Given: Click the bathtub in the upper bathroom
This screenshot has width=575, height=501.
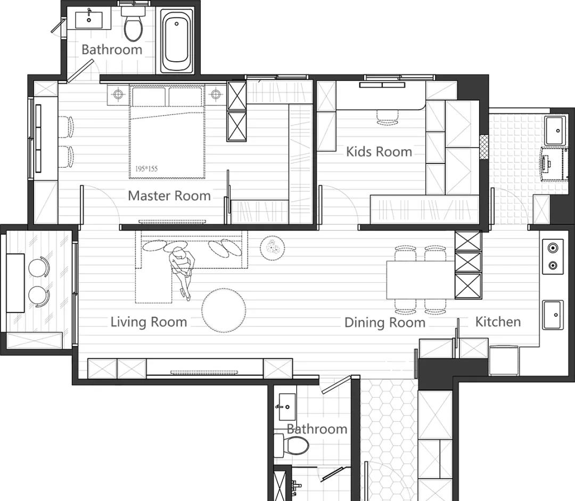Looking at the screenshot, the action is [177, 40].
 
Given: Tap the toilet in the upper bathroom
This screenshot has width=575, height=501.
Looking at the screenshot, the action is [133, 24].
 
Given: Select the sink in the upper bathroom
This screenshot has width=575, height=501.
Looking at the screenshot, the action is [89, 20].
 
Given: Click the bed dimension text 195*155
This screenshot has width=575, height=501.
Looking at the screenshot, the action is [146, 169].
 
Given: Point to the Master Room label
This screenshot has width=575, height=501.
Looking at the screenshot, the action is [169, 195].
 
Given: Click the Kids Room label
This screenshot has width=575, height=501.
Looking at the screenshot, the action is [379, 152].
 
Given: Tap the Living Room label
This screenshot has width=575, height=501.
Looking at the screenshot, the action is [149, 322].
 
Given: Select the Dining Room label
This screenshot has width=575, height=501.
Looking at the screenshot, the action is [385, 323].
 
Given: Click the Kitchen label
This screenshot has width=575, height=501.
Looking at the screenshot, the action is [498, 322].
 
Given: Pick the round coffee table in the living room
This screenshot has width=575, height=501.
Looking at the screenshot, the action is [224, 310].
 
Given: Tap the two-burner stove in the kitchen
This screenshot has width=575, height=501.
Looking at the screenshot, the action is [553, 257].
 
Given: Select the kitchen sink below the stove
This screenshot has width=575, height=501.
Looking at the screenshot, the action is [553, 315].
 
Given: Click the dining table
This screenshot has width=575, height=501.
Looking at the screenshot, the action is [421, 280].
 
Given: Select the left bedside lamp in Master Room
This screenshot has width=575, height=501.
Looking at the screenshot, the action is [118, 94].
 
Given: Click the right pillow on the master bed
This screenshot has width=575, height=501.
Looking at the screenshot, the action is [185, 96].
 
